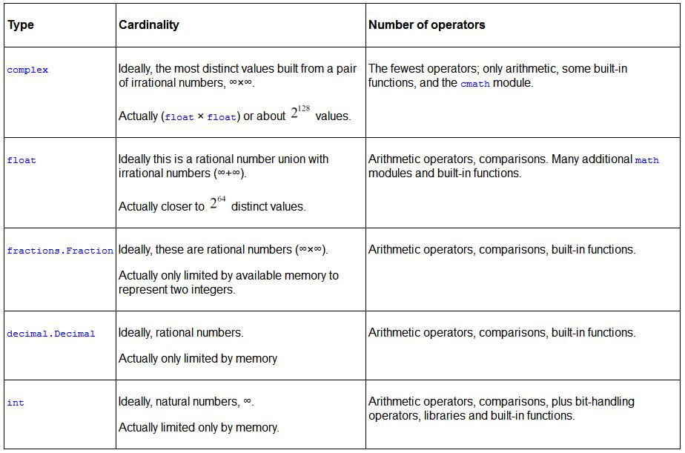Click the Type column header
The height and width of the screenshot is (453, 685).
[x=21, y=24]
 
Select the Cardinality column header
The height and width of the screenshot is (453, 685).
[x=149, y=24]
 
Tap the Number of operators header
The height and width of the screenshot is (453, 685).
[x=427, y=24]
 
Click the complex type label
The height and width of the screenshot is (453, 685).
[x=27, y=70]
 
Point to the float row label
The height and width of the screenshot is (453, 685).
[x=21, y=160]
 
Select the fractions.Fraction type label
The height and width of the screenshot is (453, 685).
[x=60, y=251]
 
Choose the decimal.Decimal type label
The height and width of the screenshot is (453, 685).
[x=51, y=334]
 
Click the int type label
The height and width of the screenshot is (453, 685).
[x=16, y=403]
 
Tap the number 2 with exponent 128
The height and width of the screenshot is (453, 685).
[x=300, y=114]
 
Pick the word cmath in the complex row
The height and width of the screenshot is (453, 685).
[x=475, y=84]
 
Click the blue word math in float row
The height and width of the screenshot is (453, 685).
[x=646, y=160]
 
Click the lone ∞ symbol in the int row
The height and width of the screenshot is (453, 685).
[x=248, y=402]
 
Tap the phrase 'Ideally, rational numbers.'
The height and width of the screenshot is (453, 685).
[x=181, y=333]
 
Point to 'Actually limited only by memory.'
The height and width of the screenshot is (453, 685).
[x=199, y=427]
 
